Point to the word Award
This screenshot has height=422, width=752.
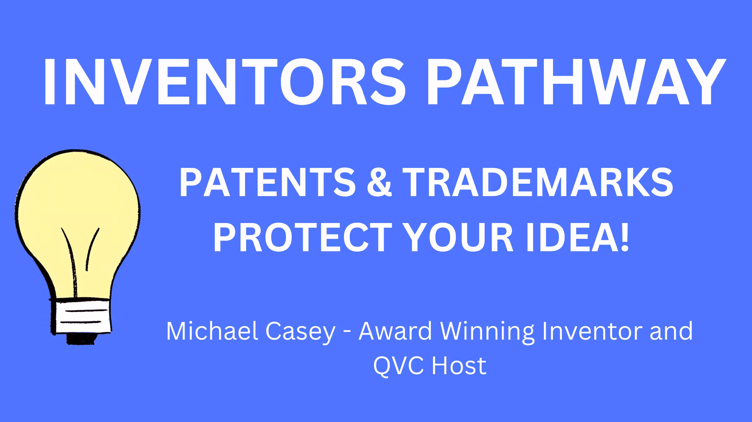[x=395, y=331]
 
